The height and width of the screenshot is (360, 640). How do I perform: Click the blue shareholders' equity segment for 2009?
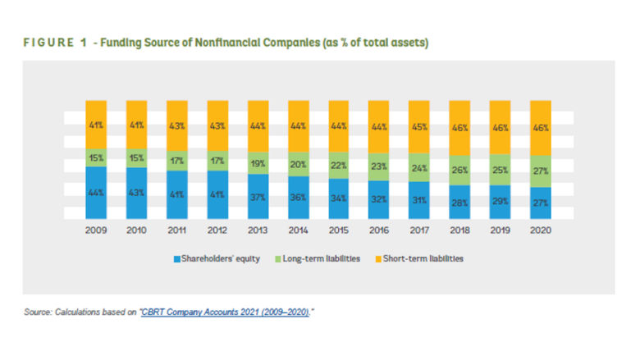pos(97,193)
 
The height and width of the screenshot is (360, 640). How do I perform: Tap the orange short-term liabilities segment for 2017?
pos(419,127)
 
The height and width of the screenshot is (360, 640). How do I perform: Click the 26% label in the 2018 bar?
pos(460,171)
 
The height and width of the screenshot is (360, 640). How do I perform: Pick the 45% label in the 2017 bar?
pos(419,127)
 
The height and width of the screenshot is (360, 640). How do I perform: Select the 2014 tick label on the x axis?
pos(299,230)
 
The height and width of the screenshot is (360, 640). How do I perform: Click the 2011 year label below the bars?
pos(177,230)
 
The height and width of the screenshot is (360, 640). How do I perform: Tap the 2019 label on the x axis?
pos(501,230)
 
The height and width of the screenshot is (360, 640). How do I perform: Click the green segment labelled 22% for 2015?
pos(339,164)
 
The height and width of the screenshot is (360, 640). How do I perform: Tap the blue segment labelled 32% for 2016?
pos(379,198)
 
